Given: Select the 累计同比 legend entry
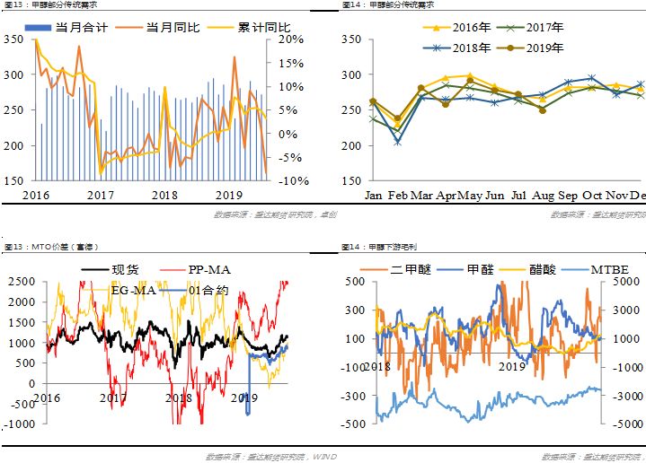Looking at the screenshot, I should pyautogui.click(x=242, y=28).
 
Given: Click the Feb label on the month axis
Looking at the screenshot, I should pyautogui.click(x=397, y=195).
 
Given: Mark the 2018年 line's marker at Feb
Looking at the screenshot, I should pyautogui.click(x=397, y=142).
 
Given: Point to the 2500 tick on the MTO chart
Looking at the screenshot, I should pyautogui.click(x=20, y=282).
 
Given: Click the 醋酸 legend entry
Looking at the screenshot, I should pyautogui.click(x=544, y=268).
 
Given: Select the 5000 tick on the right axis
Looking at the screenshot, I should pyautogui.click(x=624, y=282).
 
